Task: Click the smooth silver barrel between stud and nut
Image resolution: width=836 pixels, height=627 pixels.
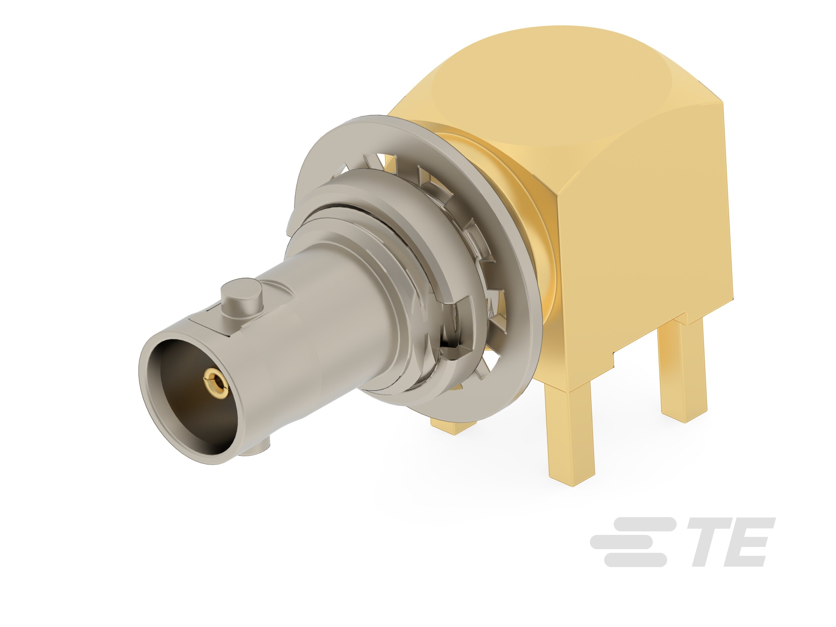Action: coord(321,302)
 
